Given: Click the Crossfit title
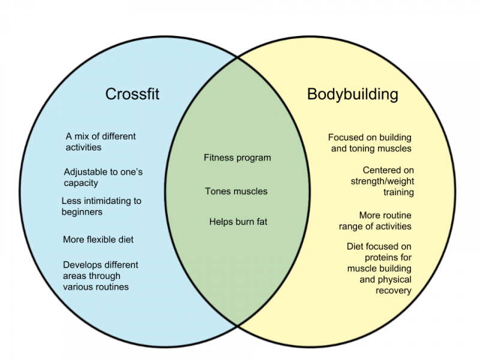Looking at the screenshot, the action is [x=132, y=94].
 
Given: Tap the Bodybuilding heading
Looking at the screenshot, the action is [x=353, y=94].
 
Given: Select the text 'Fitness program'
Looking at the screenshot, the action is [x=237, y=158].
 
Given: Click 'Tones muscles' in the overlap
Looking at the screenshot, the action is [x=236, y=191].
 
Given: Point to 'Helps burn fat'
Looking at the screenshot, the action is [x=238, y=221].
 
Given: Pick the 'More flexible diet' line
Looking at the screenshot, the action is [x=98, y=239].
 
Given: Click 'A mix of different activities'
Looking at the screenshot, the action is [x=100, y=142].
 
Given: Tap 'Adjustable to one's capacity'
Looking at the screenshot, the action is [x=103, y=177].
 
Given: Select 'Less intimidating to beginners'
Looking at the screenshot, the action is [x=101, y=206].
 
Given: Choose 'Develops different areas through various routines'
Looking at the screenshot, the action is [x=100, y=276].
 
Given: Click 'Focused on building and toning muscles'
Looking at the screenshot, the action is [x=370, y=143].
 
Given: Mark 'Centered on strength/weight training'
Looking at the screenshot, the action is [x=382, y=181].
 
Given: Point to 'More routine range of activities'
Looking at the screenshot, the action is [x=375, y=221].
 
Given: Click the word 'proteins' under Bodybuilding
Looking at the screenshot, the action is [x=388, y=257].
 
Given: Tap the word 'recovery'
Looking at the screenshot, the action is [x=394, y=290].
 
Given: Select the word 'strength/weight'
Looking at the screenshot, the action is [x=382, y=181].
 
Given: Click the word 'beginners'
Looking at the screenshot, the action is [x=82, y=212].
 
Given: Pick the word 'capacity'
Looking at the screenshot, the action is [x=81, y=183].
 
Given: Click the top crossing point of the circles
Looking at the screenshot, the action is [x=238, y=57].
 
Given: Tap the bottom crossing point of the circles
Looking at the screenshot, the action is [x=238, y=325].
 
